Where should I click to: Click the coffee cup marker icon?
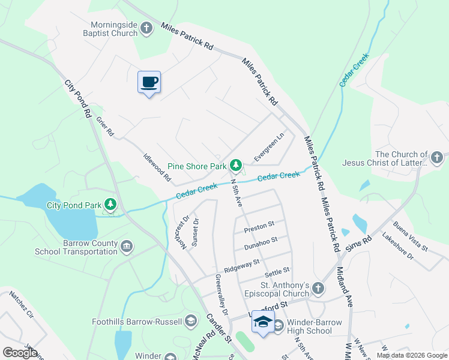(x=149, y=83)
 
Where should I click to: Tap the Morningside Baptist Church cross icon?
(x=146, y=27)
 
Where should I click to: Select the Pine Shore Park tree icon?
(x=236, y=165)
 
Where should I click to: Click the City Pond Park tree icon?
(x=110, y=205)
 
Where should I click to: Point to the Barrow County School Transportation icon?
(x=127, y=246)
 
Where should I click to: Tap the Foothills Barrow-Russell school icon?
(x=191, y=321)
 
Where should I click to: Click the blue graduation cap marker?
(x=262, y=323)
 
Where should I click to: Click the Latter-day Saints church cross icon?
(x=436, y=158)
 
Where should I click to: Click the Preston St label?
(x=259, y=227)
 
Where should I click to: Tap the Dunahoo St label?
(x=261, y=243)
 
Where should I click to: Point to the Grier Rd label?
(x=104, y=126)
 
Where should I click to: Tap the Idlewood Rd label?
(x=157, y=170)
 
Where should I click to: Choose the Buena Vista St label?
(x=411, y=237)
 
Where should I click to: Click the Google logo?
(x=20, y=353)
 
